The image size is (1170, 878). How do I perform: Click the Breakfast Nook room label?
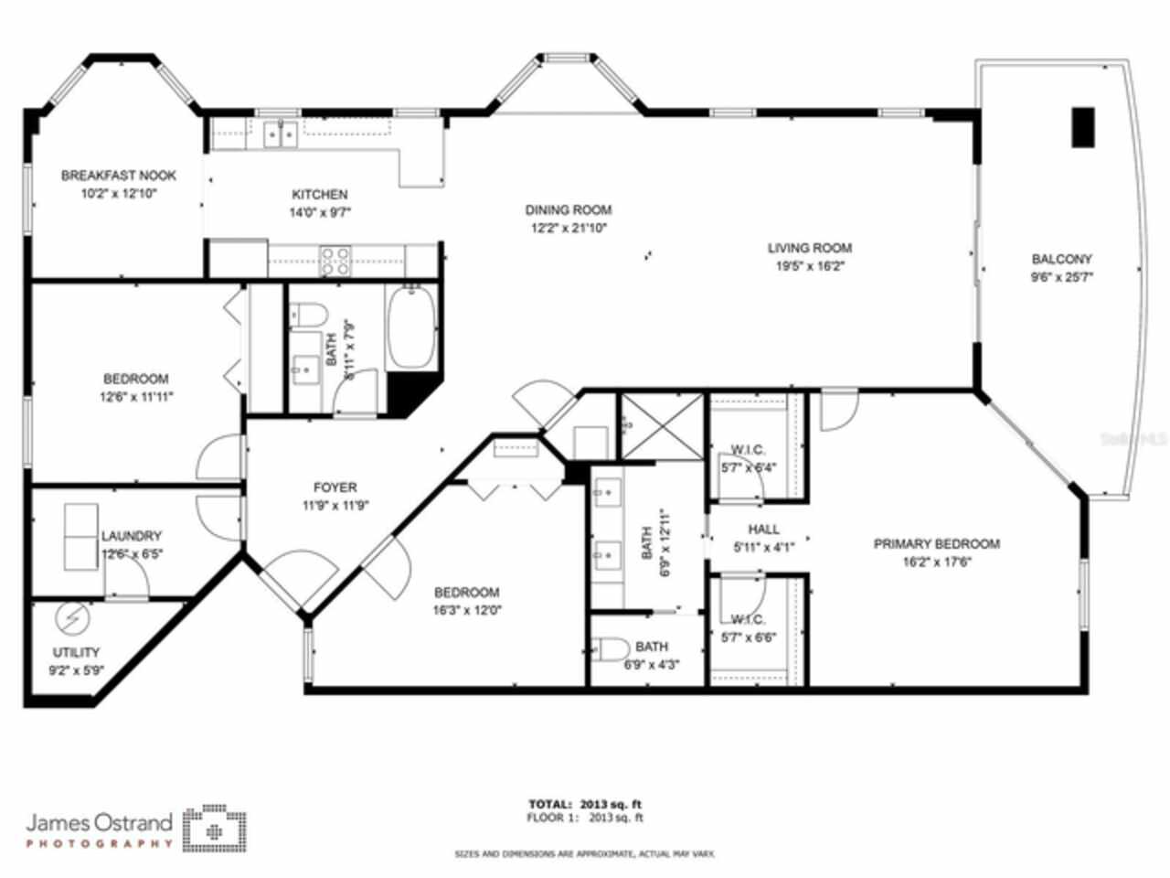[x=119, y=176]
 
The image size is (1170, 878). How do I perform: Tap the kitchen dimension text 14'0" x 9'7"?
[x=319, y=211]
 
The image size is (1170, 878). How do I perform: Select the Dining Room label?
[x=568, y=210]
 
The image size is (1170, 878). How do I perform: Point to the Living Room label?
[x=809, y=248]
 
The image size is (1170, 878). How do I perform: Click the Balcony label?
[x=1061, y=259]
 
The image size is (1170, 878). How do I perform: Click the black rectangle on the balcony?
[x=1083, y=127]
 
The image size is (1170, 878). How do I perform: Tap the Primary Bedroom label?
[x=936, y=543]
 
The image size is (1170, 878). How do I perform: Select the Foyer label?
[x=335, y=487]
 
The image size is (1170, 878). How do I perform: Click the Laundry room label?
[x=132, y=536]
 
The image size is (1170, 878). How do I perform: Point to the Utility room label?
[x=77, y=652]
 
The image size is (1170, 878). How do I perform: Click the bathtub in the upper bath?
[x=411, y=327]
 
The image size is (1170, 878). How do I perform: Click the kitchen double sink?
[x=281, y=135]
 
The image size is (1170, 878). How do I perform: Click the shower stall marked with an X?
[x=663, y=425]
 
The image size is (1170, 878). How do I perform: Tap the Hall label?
[x=763, y=529]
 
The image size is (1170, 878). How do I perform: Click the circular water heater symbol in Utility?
[x=69, y=619]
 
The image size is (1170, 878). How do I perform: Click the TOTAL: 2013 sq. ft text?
[x=585, y=804]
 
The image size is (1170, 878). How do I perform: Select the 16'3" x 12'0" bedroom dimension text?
[x=467, y=610]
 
